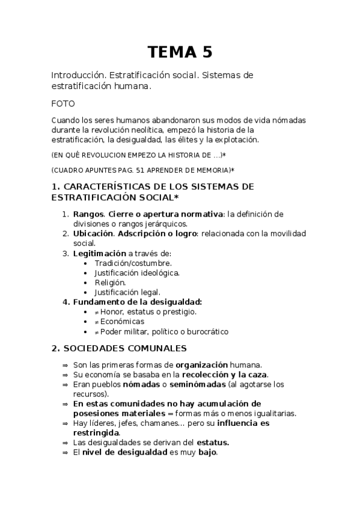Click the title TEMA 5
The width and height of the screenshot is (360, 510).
coord(180,52)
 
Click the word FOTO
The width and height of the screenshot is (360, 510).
coord(63,103)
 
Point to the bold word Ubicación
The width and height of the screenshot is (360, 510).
coord(93,233)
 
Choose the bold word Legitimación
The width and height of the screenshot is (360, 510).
coord(99,253)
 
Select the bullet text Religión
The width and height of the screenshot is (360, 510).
coord(110,282)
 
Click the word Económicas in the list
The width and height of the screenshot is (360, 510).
coord(123,321)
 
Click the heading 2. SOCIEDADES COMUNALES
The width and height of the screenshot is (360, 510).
coord(119,348)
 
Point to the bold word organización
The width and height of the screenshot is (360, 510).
coord(201,364)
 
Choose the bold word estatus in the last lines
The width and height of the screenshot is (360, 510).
coord(212,442)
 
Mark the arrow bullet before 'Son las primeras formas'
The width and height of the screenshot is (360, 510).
coord(64,365)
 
